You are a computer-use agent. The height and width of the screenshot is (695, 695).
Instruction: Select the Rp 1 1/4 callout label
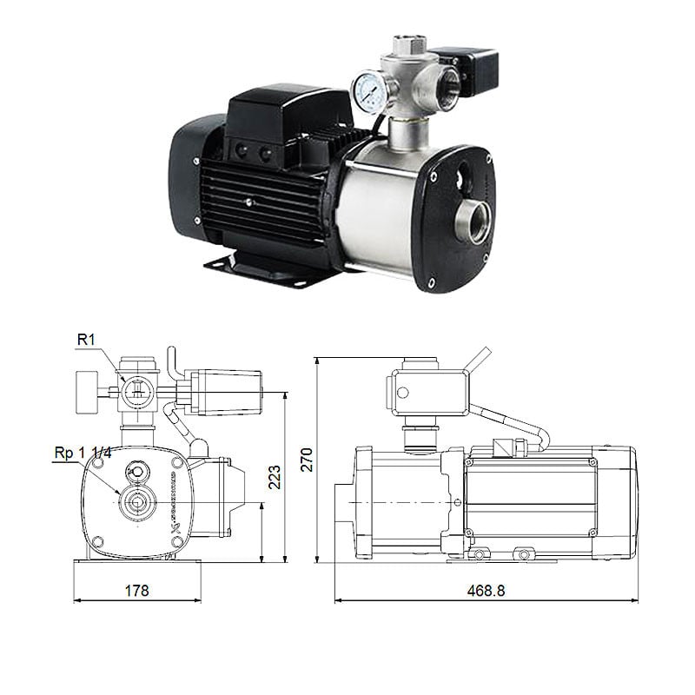tap(83, 453)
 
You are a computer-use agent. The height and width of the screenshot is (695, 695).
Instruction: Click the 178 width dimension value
tap(136, 591)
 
